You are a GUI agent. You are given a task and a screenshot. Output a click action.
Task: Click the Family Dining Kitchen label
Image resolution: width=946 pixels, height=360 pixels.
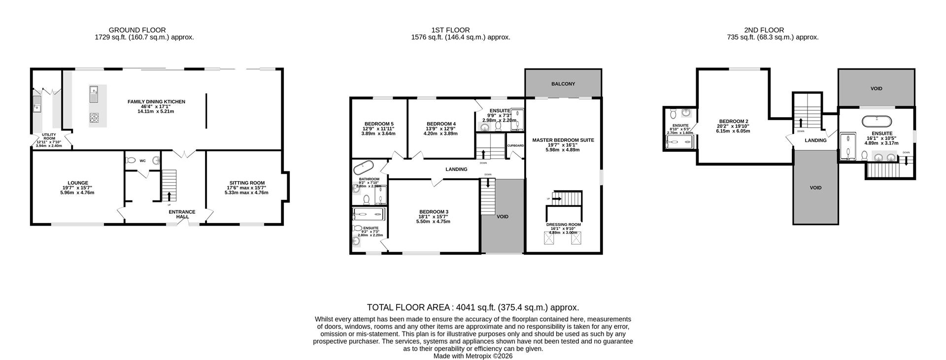(x=156, y=102)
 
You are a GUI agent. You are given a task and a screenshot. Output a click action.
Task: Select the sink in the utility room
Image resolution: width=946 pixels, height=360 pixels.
(x=37, y=103)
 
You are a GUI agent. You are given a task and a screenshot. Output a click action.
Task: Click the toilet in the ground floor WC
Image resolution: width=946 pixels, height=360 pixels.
(x=131, y=160)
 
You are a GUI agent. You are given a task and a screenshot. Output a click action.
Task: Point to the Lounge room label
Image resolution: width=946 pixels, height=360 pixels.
(x=78, y=183)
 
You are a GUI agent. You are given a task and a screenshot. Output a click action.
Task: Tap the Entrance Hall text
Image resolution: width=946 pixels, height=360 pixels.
(x=182, y=214)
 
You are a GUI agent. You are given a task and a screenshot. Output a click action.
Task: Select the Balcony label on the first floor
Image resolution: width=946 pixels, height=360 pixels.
(x=563, y=84)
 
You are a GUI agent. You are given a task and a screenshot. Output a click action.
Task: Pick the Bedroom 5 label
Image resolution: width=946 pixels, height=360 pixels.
(x=378, y=124)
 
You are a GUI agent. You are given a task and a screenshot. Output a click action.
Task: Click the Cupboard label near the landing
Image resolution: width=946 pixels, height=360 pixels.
(x=515, y=146)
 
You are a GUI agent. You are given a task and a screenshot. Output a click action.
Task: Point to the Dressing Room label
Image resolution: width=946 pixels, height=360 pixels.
(x=563, y=225)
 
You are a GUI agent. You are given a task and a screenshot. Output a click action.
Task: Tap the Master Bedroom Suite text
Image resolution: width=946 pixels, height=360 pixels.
(x=563, y=140)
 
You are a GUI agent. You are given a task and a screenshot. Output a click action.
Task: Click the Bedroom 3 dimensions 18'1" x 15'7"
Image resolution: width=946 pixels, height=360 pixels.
(x=433, y=217)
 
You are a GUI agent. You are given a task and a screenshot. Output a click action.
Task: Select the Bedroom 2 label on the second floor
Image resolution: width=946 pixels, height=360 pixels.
(x=733, y=121)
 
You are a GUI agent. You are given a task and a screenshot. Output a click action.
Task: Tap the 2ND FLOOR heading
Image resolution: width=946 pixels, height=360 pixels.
(x=764, y=30)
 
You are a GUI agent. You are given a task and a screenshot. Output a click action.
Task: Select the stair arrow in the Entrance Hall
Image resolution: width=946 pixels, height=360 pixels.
(x=169, y=196)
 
